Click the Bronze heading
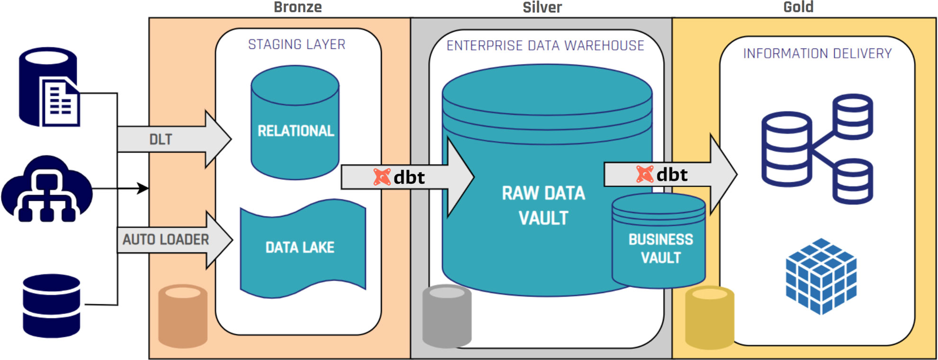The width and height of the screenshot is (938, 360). click(x=298, y=7)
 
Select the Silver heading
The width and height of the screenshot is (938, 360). click(x=542, y=7)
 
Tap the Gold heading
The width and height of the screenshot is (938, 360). click(x=798, y=7)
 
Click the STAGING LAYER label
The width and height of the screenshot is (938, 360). click(x=297, y=45)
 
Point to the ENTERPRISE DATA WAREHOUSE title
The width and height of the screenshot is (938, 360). click(x=545, y=45)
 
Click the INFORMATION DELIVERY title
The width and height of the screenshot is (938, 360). click(x=817, y=54)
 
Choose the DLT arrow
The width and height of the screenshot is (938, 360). click(x=171, y=139)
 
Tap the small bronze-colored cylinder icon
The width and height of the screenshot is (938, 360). click(x=182, y=316)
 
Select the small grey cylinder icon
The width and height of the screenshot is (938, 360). click(x=446, y=316)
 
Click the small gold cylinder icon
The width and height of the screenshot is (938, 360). click(x=709, y=317)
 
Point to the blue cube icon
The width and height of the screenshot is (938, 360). click(x=821, y=276)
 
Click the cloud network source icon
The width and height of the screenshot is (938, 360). click(x=46, y=189)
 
